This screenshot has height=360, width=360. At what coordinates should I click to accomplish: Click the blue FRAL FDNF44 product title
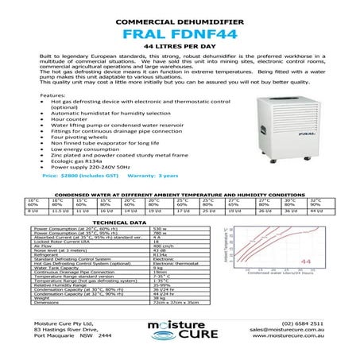(x=180, y=35)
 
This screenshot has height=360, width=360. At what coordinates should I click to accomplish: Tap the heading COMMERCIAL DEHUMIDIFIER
(x=180, y=17)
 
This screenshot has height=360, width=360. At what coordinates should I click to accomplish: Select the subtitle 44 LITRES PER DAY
(x=180, y=49)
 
